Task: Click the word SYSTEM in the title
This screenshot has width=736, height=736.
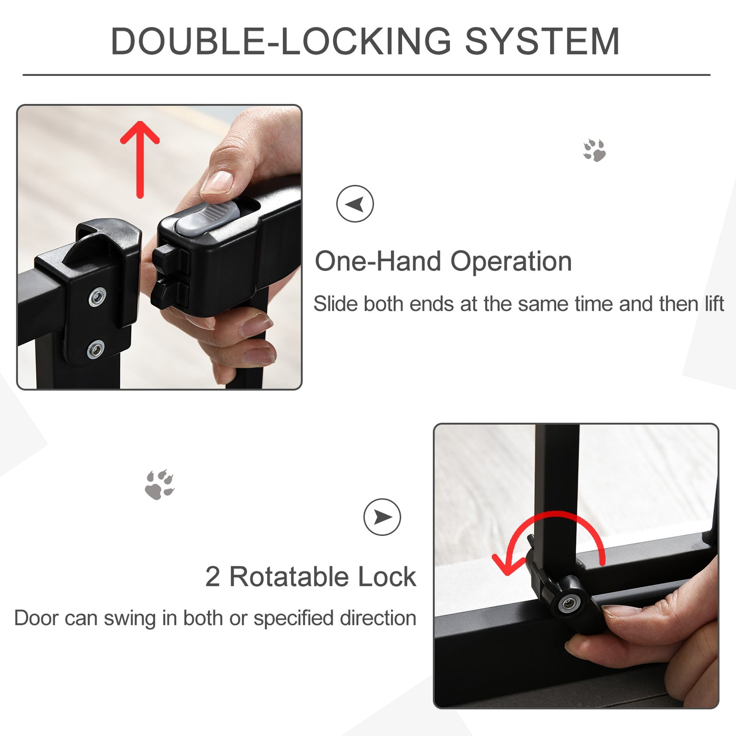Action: click(542, 41)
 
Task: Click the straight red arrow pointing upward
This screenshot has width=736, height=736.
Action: click(140, 158)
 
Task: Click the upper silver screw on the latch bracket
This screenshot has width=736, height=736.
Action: click(97, 296)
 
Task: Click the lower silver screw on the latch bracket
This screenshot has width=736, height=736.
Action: click(95, 349)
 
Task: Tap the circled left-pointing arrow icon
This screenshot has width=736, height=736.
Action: click(355, 204)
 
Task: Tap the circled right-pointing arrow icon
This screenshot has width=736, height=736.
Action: click(382, 517)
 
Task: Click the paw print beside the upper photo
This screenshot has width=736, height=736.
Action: click(594, 150)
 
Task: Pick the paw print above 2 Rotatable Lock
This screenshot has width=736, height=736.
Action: click(159, 484)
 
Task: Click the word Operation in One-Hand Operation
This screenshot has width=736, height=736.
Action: click(511, 261)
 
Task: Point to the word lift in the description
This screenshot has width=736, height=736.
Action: click(714, 304)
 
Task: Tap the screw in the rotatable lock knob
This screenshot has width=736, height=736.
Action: click(567, 604)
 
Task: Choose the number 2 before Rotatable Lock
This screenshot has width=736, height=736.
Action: click(212, 577)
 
